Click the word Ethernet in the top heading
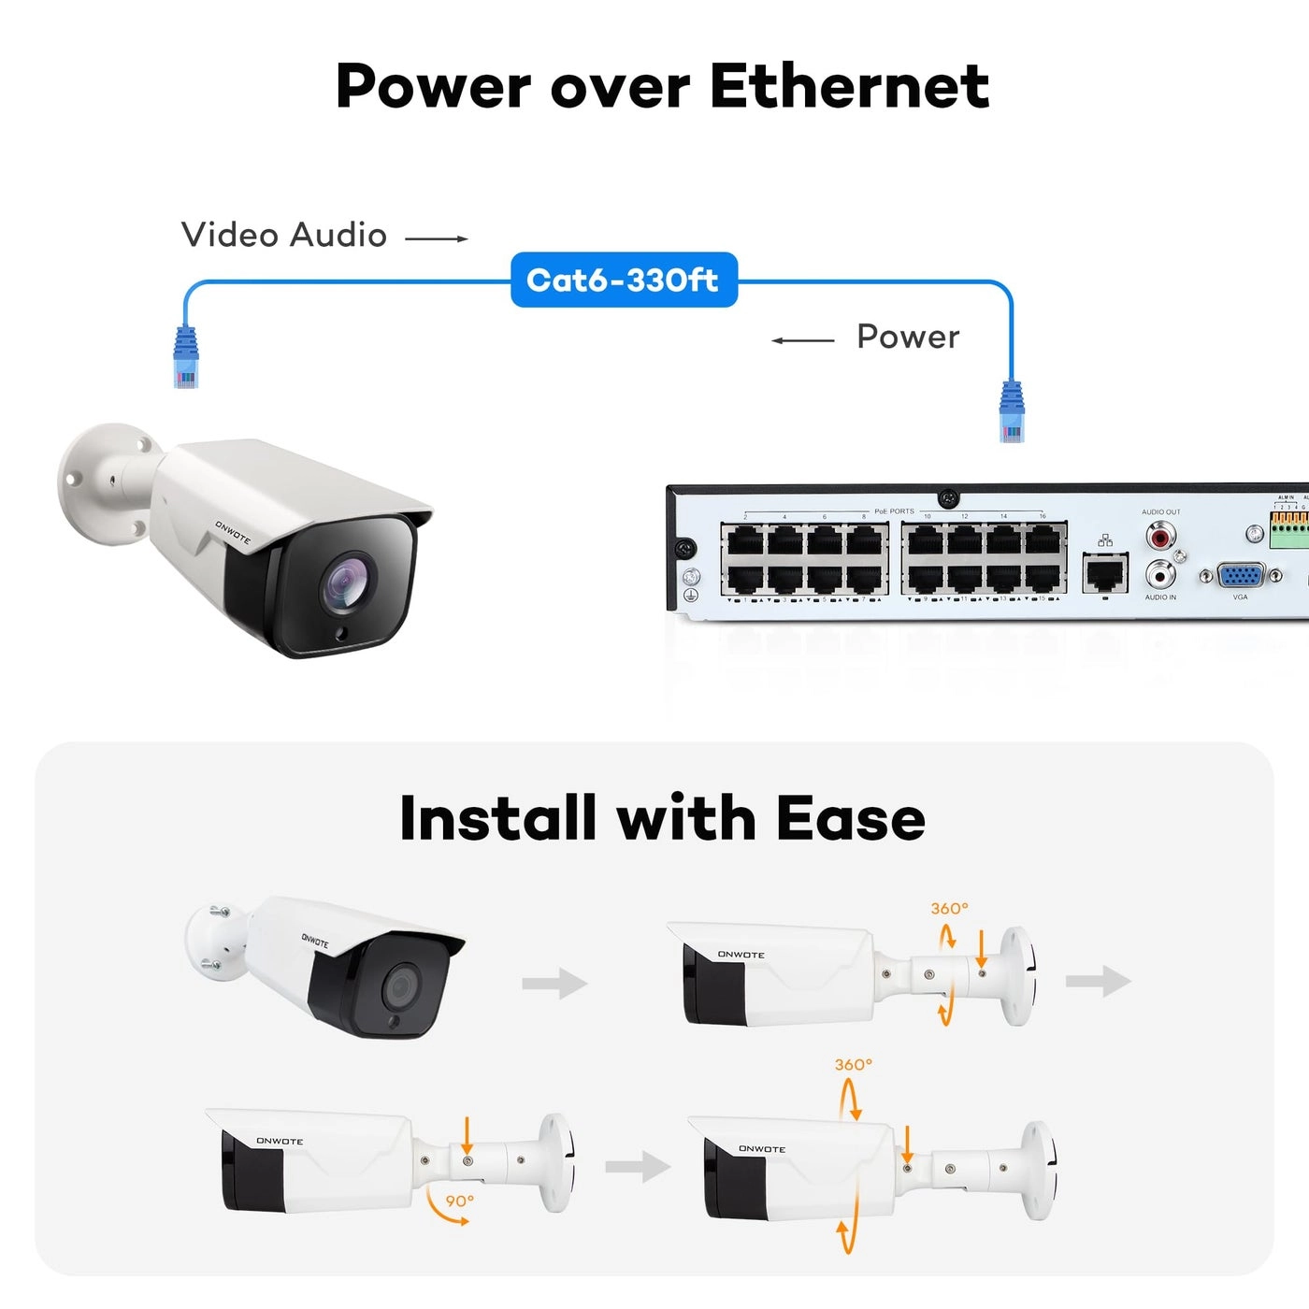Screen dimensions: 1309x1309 tap(849, 86)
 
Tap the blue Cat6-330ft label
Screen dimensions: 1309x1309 tap(624, 280)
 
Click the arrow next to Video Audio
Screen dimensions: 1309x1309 tap(436, 239)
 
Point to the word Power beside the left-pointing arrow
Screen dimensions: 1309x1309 tap(908, 337)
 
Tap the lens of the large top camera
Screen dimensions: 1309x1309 tap(346, 585)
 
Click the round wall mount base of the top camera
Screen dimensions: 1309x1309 tap(93, 482)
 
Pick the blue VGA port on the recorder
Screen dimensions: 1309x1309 tap(1241, 575)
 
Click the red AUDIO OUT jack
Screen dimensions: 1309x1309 tap(1160, 536)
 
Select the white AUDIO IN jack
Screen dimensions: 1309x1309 tap(1160, 573)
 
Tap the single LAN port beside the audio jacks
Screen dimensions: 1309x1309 tap(1105, 571)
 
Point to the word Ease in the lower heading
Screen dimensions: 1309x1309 tap(850, 819)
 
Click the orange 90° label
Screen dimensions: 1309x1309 tap(459, 1201)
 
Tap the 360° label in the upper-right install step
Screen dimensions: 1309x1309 tap(949, 908)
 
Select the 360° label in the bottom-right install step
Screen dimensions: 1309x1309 tap(853, 1064)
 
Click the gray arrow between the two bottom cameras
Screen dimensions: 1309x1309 tap(637, 1166)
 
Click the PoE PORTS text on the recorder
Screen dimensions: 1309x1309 tap(894, 511)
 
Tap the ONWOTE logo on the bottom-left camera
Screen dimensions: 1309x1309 tap(280, 1141)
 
